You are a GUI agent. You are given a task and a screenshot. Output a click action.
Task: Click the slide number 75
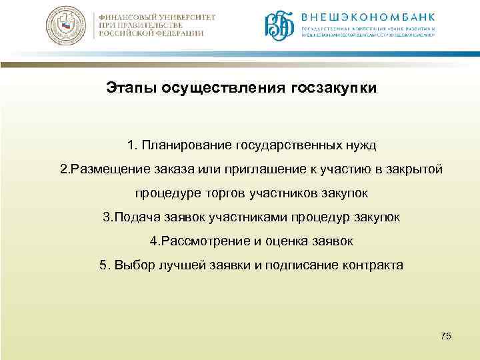point(446,336)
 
